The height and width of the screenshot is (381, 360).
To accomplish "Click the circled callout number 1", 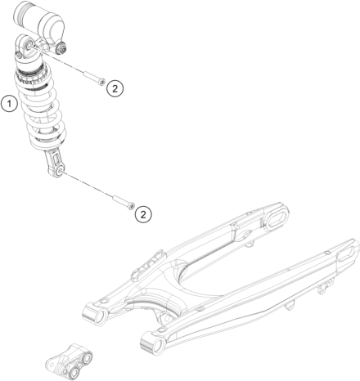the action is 10,104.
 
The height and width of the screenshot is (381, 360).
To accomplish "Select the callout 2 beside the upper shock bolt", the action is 115,88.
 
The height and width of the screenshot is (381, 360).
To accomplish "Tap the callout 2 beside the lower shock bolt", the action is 143,214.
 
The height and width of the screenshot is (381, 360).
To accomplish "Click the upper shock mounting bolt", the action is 94,78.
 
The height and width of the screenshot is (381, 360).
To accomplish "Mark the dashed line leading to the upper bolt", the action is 57,60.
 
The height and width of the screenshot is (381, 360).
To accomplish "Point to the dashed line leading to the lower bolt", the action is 87,186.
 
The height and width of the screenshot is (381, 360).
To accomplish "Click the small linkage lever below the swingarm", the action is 69,361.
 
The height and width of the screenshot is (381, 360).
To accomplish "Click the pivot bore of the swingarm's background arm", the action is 101,316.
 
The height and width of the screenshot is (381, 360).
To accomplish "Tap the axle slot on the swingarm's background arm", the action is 276,218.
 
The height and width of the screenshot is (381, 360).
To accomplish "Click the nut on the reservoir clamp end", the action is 62,49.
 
